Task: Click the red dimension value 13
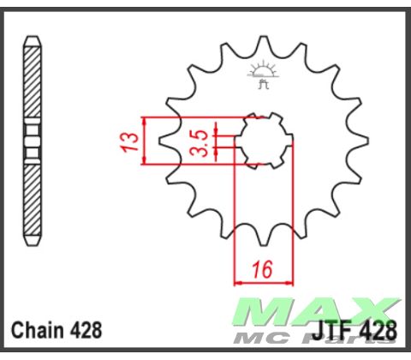pos(129,141)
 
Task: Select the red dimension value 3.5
pos(196,141)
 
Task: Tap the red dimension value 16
pos(262,270)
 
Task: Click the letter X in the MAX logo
pos(372,309)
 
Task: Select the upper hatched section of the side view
pos(32,81)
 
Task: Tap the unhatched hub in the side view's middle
pos(32,141)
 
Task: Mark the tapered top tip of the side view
pos(32,41)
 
